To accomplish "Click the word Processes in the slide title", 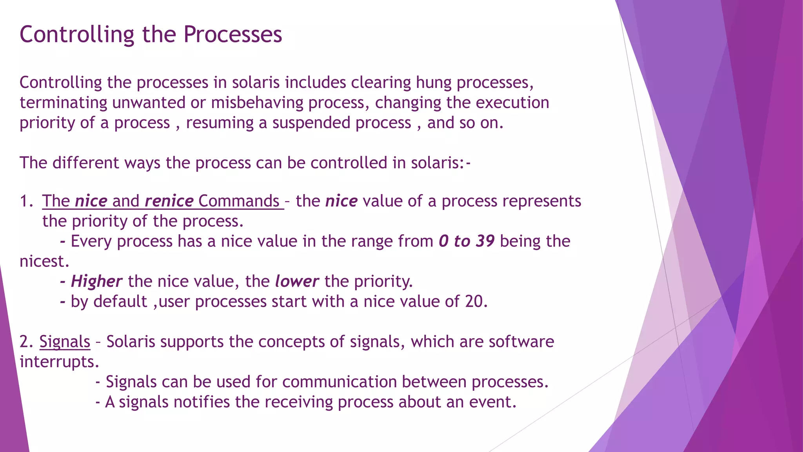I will pyautogui.click(x=233, y=35).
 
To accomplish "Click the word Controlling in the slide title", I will pyautogui.click(x=77, y=35).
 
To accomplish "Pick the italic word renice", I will pyautogui.click(x=169, y=201).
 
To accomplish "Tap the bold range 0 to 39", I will pyautogui.click(x=467, y=241).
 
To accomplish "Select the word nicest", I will pyautogui.click(x=44, y=261).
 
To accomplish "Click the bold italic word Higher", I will pyautogui.click(x=96, y=281).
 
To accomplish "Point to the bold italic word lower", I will pyautogui.click(x=297, y=281).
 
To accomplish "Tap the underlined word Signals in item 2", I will pyautogui.click(x=65, y=341).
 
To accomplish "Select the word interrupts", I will pyautogui.click(x=59, y=361).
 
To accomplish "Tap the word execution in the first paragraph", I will pyautogui.click(x=512, y=103).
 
